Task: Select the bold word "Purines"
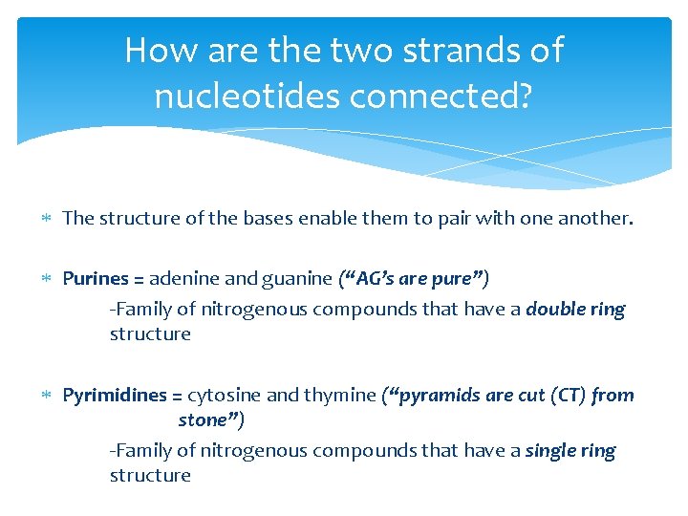[96, 279]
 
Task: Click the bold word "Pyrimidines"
[114, 396]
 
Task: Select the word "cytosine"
[222, 396]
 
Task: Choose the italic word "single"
[551, 451]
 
